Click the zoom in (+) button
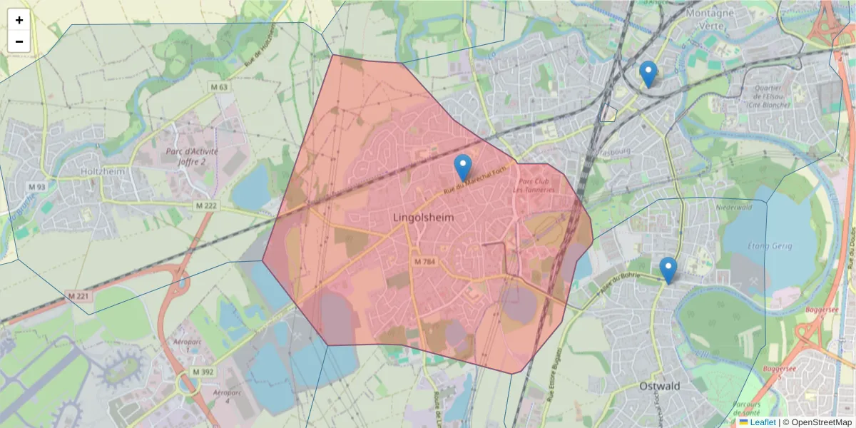pyautogui.click(x=19, y=20)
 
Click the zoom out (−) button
pyautogui.click(x=19, y=41)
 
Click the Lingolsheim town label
pyautogui.click(x=423, y=216)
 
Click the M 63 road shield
pyautogui.click(x=219, y=87)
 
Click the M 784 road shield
pyautogui.click(x=424, y=262)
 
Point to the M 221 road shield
pyautogui.click(x=80, y=295)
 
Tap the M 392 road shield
pyautogui.click(x=203, y=372)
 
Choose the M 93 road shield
pyautogui.click(x=36, y=187)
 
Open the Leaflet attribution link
pyautogui.click(x=762, y=422)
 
